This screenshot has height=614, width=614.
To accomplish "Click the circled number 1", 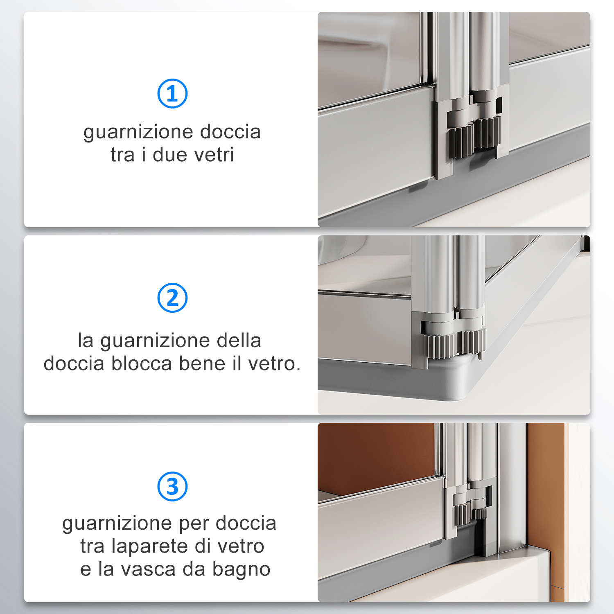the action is (172, 94).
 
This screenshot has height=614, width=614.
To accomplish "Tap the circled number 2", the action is (172, 298).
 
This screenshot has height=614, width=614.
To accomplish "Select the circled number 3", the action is (172, 486).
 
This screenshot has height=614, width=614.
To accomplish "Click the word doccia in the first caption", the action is (230, 132).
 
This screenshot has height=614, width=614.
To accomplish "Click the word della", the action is (239, 341).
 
